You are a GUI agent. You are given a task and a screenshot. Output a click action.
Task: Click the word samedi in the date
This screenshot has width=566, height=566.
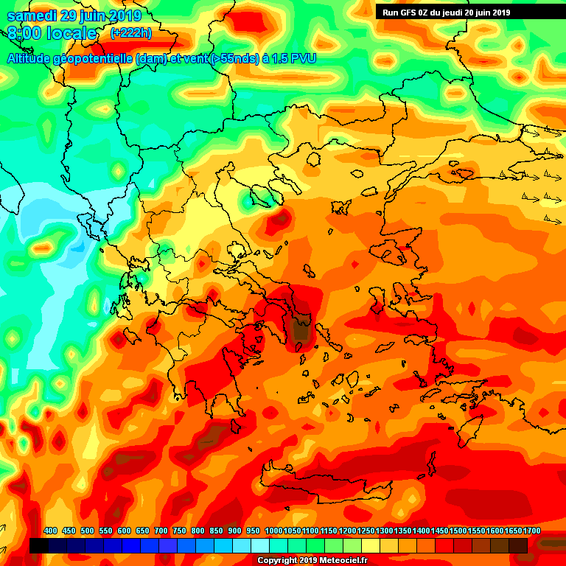point(33,15)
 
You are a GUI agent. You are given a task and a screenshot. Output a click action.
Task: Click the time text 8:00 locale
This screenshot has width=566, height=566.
point(52,33)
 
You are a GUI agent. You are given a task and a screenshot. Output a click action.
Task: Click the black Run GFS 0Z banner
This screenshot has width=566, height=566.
point(447,12)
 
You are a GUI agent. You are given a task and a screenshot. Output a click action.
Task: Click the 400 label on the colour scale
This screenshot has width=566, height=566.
point(51,531)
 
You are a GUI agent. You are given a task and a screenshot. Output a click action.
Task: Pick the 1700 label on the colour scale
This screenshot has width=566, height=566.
point(512,531)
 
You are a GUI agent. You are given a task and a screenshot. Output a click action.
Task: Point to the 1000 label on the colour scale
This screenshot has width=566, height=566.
point(274,531)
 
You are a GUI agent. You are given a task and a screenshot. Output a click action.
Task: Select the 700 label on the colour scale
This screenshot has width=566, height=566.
point(161,531)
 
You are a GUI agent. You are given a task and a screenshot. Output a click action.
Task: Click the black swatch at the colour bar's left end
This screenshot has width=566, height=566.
point(39,545)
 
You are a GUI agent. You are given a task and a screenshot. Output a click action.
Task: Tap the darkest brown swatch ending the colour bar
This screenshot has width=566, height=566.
point(518,545)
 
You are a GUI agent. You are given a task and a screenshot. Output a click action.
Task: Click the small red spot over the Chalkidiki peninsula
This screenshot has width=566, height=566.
point(279,218)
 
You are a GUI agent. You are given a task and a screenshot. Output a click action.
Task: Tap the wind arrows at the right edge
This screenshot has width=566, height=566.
point(542,176)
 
